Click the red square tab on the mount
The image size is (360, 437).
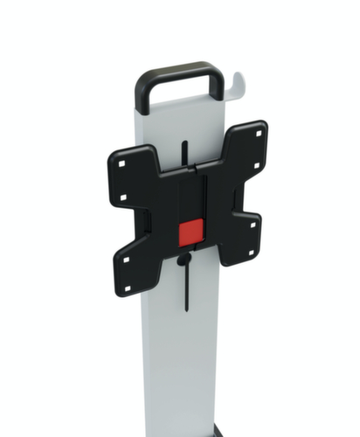pyautogui.click(x=191, y=232)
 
